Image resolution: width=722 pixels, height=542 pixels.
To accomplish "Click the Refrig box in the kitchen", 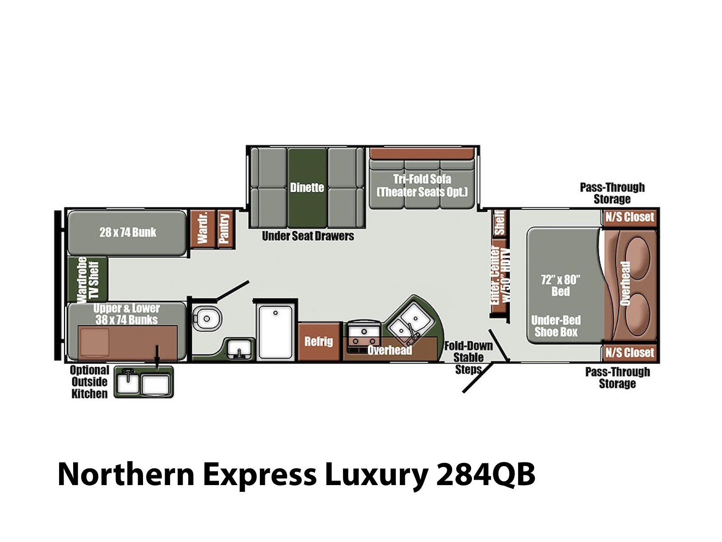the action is tap(319, 341).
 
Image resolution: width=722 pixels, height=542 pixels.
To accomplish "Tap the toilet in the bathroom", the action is tap(207, 318).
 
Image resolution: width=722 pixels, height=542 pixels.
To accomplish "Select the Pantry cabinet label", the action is tap(225, 229).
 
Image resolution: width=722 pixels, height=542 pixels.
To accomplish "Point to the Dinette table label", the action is tap(307, 188).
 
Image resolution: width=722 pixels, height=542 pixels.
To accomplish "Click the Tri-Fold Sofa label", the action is tap(422, 179).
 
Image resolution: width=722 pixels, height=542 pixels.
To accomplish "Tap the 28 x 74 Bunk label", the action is tap(128, 233).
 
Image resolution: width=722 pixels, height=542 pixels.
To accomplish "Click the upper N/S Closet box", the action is tap(630, 217).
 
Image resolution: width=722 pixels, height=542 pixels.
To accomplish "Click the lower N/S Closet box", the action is tap(630, 353).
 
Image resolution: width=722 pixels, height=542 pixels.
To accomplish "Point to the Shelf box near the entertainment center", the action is tap(500, 223).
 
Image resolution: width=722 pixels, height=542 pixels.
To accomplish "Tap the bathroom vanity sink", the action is tap(239, 349).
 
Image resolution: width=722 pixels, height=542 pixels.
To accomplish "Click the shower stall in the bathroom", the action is tap(275, 332).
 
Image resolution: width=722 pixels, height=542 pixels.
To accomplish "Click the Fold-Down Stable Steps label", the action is tap(468, 357).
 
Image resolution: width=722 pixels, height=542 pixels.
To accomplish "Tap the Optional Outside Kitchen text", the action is tap(89, 382).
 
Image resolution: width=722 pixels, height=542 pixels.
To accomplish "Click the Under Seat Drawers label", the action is tap(308, 236).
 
